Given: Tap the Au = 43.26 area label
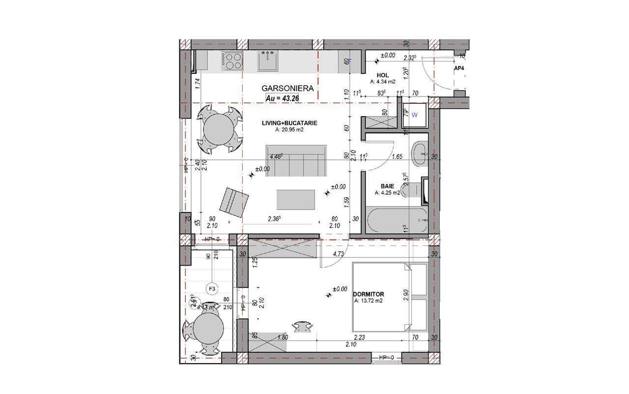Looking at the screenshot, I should (283, 98).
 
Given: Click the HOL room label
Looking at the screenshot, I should (383, 75).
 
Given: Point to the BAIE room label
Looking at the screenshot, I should (386, 186).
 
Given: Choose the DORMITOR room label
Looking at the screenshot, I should (369, 294).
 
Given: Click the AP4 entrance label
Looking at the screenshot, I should (459, 68).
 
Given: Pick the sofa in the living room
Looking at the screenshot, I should (296, 161).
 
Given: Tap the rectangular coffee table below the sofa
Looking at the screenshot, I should (296, 200).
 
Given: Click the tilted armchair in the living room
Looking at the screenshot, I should (233, 202).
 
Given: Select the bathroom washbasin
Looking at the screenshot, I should (421, 153).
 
